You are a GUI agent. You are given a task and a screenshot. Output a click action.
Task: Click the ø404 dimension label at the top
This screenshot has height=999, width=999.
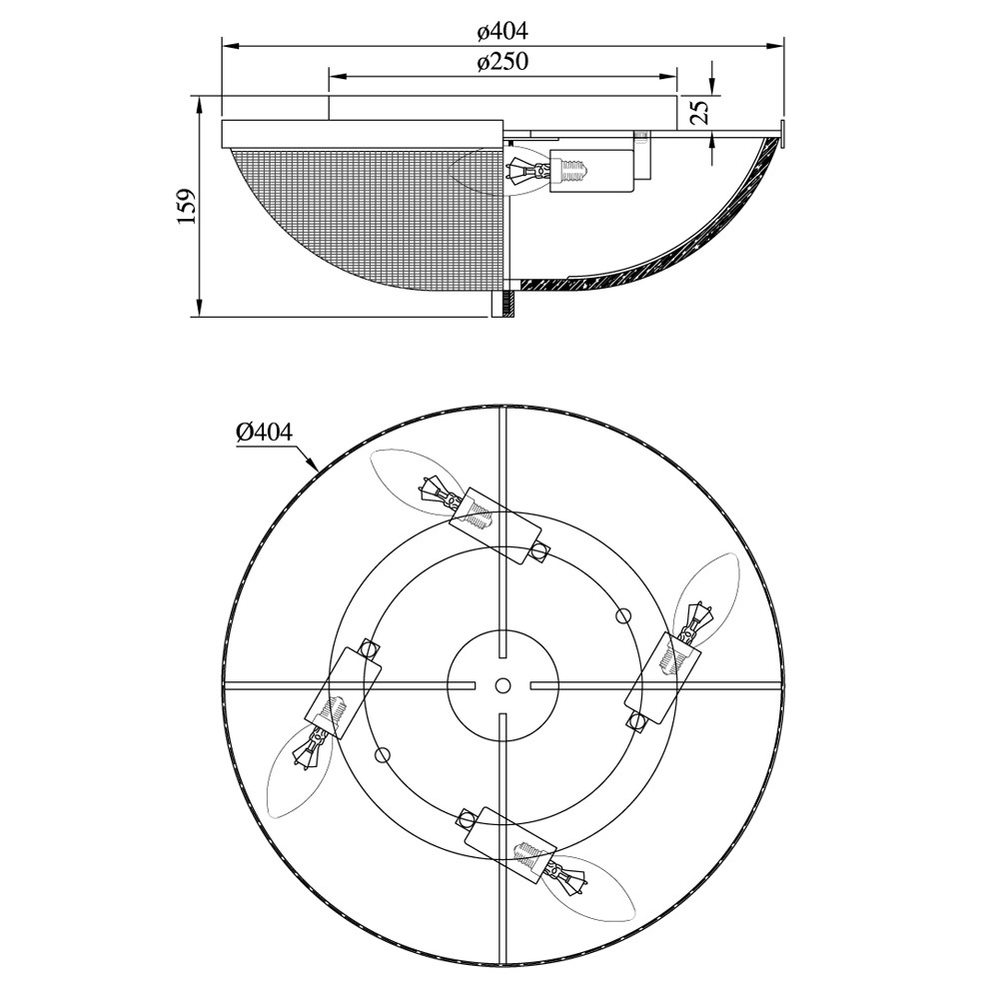click(502, 31)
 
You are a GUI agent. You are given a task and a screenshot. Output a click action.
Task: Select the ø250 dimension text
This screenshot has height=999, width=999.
click(502, 62)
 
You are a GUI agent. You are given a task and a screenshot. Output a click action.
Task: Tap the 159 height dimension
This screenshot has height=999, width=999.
click(186, 206)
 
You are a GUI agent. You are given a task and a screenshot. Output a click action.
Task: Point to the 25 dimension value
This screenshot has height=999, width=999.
click(699, 112)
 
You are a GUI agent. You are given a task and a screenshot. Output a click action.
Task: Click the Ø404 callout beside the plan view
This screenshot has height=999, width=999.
click(264, 433)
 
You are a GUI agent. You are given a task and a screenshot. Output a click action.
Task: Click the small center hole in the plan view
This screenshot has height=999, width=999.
click(502, 685)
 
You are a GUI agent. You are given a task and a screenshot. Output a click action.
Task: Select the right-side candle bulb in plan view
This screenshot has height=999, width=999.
click(706, 596)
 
